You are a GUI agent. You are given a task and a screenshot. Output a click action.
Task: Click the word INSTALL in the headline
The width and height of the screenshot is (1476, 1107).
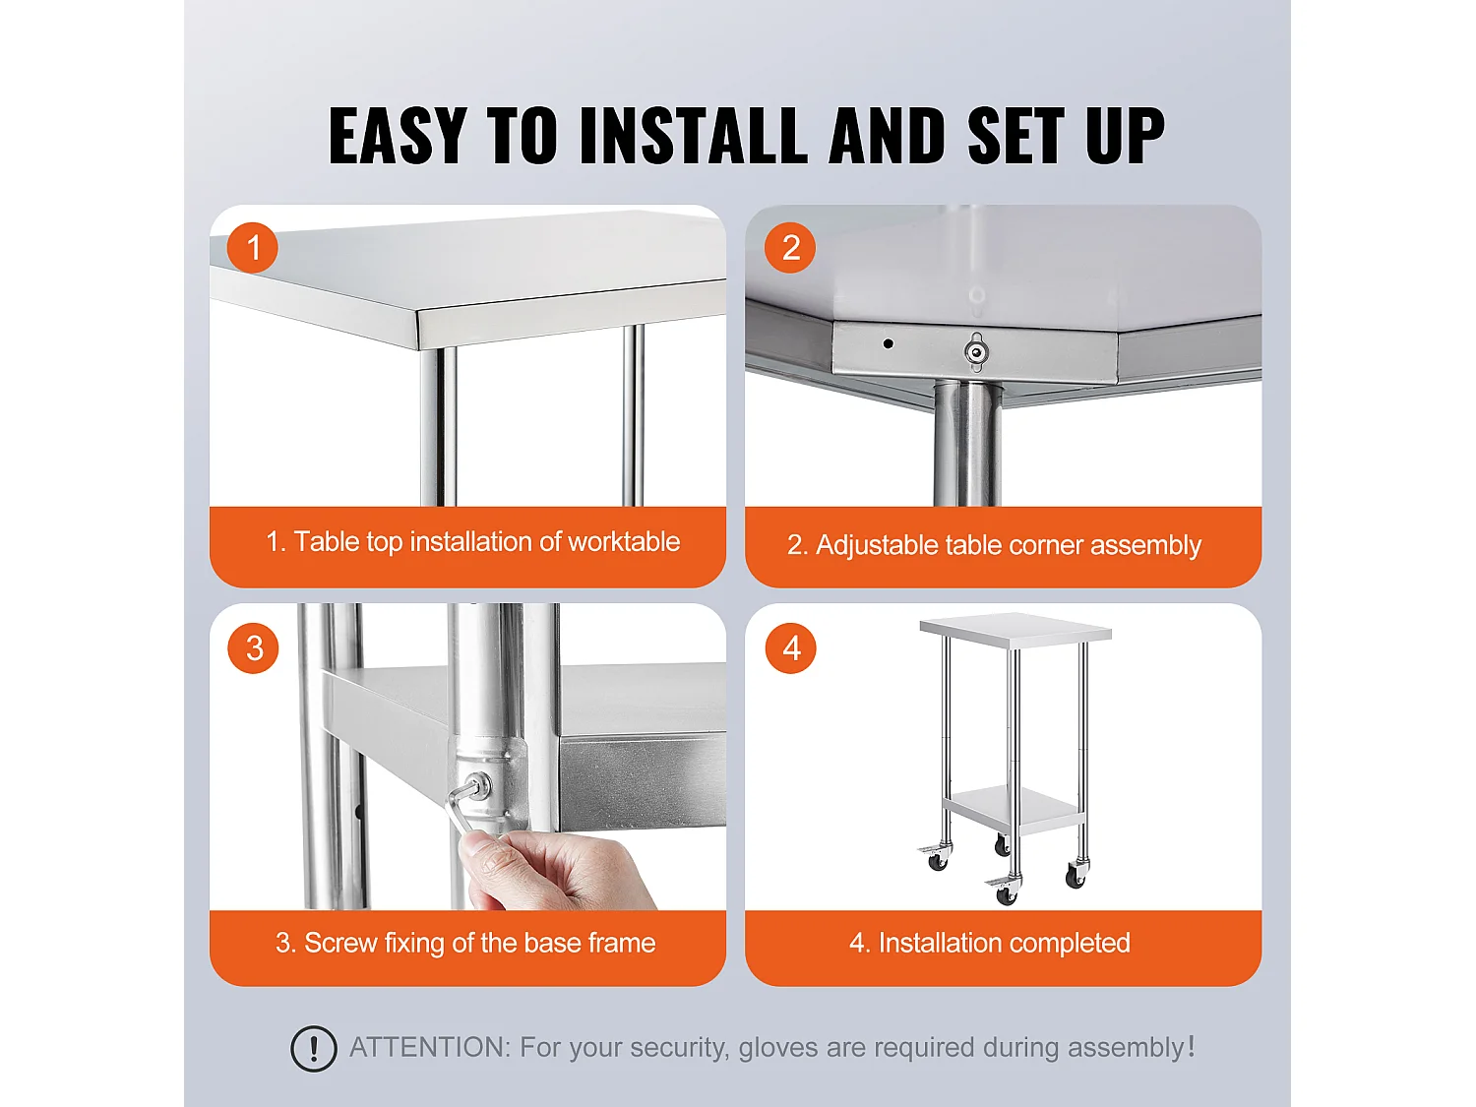pyautogui.click(x=694, y=136)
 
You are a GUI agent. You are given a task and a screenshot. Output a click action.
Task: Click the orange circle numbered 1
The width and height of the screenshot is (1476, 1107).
pyautogui.click(x=253, y=247)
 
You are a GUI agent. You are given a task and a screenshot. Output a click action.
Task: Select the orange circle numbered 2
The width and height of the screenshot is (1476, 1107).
pyautogui.click(x=790, y=247)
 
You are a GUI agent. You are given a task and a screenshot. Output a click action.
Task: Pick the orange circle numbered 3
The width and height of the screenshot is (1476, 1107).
pyautogui.click(x=254, y=647)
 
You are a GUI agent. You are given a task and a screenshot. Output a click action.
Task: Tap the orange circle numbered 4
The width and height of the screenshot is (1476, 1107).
pyautogui.click(x=791, y=647)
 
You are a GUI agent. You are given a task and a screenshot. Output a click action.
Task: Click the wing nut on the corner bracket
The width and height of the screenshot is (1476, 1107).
pyautogui.click(x=975, y=351)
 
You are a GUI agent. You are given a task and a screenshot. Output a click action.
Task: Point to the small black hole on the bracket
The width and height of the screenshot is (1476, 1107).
pyautogui.click(x=889, y=343)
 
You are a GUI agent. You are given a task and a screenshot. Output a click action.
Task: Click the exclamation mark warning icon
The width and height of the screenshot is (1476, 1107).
pyautogui.click(x=314, y=1048)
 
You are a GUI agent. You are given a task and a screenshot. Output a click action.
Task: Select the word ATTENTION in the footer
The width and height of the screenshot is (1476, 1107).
pyautogui.click(x=429, y=1047)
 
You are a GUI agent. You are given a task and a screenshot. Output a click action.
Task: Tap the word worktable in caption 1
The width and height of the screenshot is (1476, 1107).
pyautogui.click(x=624, y=541)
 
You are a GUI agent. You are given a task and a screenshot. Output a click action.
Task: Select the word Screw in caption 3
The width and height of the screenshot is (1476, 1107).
pyautogui.click(x=340, y=943)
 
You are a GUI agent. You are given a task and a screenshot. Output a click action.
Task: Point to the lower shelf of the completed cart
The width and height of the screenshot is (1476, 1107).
pyautogui.click(x=1014, y=807)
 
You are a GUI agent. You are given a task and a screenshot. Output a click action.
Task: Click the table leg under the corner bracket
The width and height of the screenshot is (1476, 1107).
pyautogui.click(x=965, y=443)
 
